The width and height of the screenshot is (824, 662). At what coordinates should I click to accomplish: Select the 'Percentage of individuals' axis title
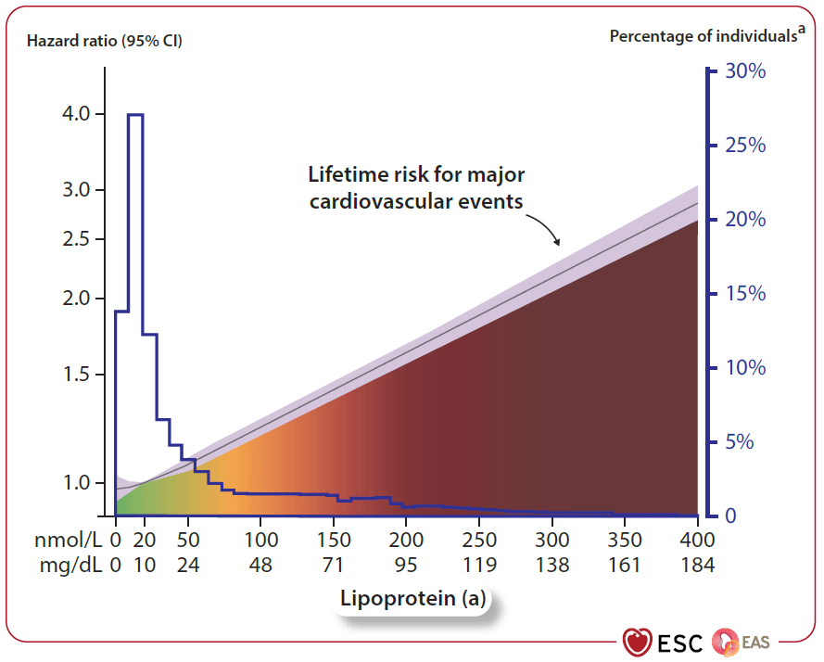704,36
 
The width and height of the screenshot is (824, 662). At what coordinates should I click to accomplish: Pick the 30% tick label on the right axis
744,71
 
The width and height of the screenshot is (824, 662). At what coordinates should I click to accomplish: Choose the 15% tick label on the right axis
744,294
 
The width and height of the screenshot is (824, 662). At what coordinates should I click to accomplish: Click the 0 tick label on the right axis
732,516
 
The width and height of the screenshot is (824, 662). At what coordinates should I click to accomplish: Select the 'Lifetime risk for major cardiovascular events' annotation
417,187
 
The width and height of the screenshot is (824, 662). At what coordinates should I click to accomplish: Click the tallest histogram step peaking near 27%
135,115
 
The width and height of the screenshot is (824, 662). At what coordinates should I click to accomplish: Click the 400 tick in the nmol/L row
696,541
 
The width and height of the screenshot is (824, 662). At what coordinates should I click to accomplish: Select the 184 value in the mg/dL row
696,565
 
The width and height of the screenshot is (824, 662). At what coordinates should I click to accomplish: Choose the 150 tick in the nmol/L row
334,541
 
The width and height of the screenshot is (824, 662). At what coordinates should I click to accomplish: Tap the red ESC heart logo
637,642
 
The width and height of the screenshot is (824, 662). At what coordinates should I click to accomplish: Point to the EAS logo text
755,641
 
